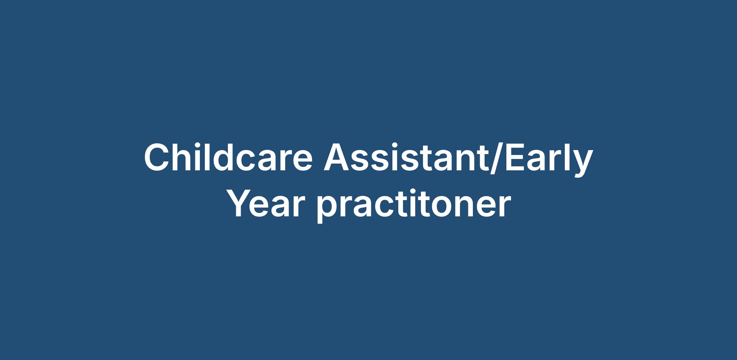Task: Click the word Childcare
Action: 228,157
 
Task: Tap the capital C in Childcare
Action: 157,157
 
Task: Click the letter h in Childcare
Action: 185,157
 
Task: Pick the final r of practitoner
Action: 505,207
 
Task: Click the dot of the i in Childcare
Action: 201,146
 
